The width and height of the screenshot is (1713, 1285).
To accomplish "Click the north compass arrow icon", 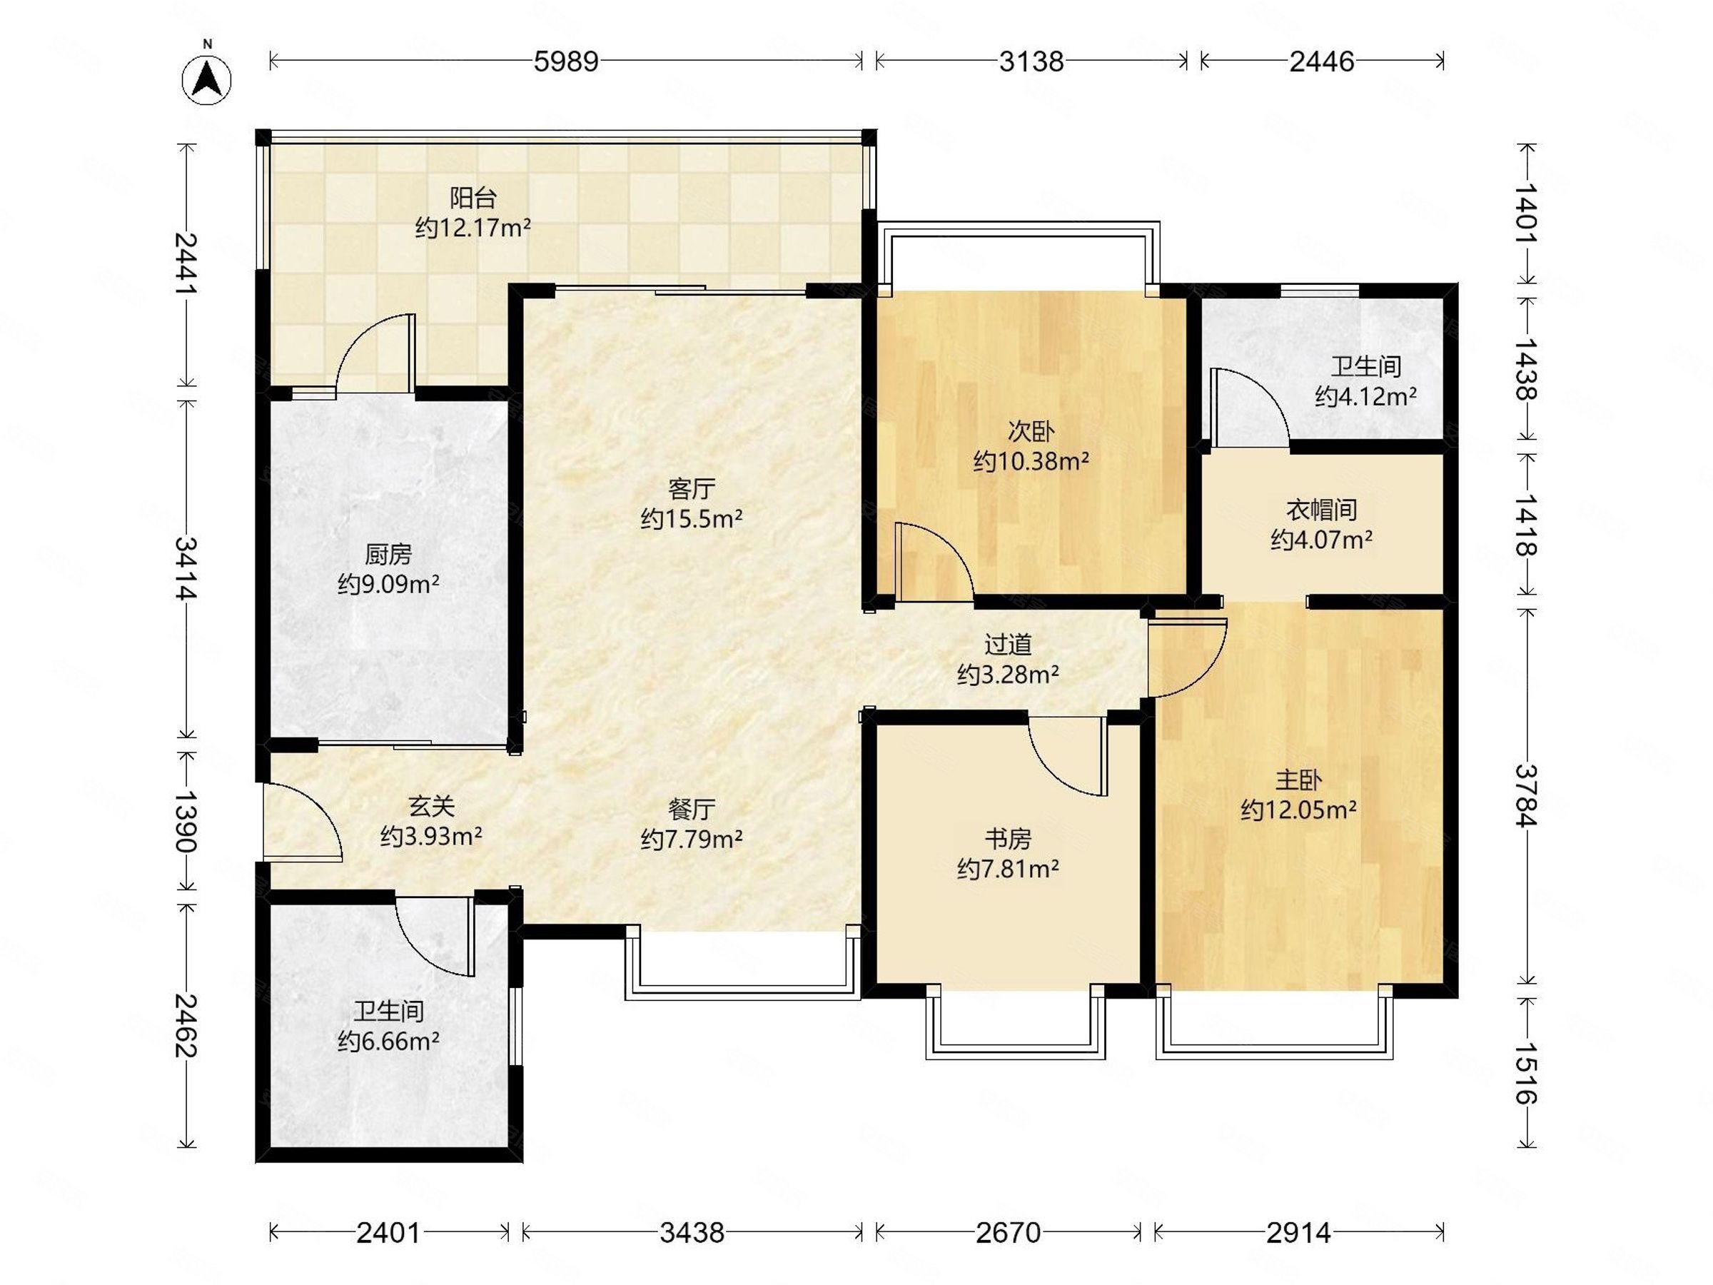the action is [207, 79].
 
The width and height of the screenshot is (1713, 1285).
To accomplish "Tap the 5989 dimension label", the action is [566, 61].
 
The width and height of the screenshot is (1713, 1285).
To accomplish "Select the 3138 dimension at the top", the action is [1031, 61].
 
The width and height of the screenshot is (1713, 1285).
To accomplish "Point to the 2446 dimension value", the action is [1322, 61].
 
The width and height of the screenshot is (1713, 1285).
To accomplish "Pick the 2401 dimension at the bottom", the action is [388, 1232].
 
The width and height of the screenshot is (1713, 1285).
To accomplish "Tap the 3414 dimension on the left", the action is [186, 568].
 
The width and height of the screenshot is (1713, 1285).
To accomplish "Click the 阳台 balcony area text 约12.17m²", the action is [473, 228].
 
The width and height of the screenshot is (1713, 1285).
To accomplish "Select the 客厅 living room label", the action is [692, 489].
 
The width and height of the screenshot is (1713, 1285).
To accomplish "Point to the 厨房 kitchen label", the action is [388, 555].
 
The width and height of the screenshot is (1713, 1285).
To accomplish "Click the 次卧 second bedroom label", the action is [1031, 431].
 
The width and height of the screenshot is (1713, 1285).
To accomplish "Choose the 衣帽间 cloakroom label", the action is [1321, 510].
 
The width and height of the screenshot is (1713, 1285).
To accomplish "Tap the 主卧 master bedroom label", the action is [1299, 780].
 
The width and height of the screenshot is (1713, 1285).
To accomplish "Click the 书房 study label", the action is [1008, 839].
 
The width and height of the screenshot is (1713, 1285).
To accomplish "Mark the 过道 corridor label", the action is [1008, 645].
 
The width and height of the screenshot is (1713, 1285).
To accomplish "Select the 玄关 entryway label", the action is [431, 806].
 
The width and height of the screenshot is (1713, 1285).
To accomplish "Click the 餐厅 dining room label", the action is [692, 810].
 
